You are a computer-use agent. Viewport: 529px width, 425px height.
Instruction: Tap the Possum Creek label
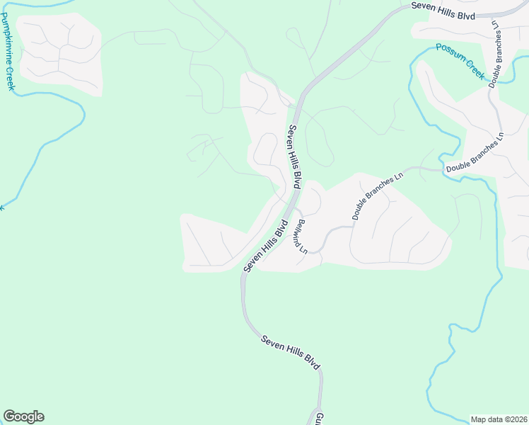point(460,61)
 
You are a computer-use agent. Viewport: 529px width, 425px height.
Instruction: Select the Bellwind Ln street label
point(301,236)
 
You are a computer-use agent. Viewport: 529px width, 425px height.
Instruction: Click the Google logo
point(23,416)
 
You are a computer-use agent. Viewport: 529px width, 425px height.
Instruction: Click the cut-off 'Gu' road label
point(319,418)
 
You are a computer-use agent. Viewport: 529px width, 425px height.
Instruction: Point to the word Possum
point(449,52)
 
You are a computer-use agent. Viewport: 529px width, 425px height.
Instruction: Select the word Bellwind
point(300,231)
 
